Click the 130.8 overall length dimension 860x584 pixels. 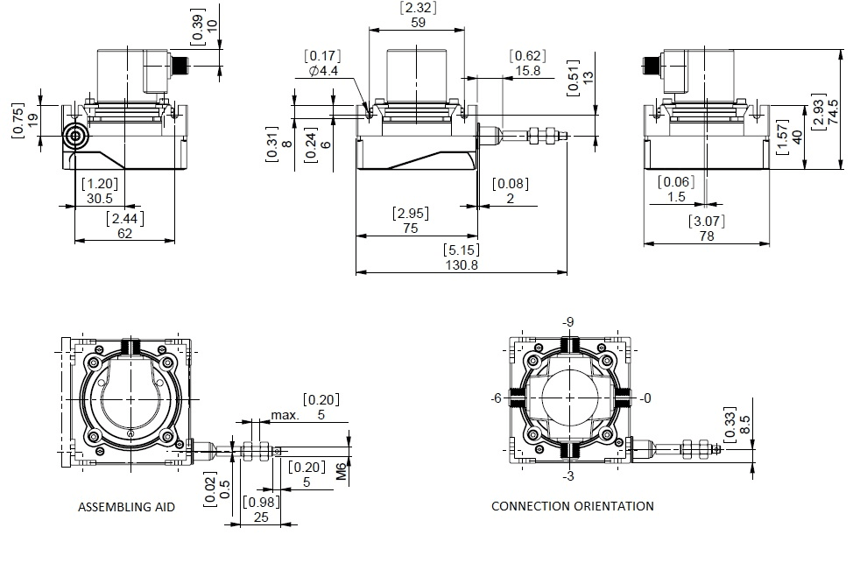pos(462,265)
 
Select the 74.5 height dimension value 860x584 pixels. pos(833,112)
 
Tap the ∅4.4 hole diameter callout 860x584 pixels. pos(324,71)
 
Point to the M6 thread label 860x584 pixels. pos(342,471)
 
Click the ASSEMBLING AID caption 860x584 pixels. pos(126,507)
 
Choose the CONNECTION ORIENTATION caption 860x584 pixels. pos(573,506)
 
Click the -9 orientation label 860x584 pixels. pos(568,322)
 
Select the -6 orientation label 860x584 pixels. pos(497,398)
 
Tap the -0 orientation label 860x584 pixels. pos(645,398)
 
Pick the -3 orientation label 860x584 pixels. pos(568,476)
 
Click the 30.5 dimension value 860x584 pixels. pos(99,199)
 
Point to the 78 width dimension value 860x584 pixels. pos(707,236)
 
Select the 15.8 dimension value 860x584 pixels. pos(527,71)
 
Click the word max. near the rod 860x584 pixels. pos(285,415)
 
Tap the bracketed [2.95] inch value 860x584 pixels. pos(411,214)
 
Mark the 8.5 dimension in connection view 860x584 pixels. pos(744,425)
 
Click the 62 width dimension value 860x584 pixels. pos(125,234)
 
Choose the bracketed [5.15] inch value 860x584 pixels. pos(462,250)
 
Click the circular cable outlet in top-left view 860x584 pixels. pos(74,136)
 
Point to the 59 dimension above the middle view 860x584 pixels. pos(418,23)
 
